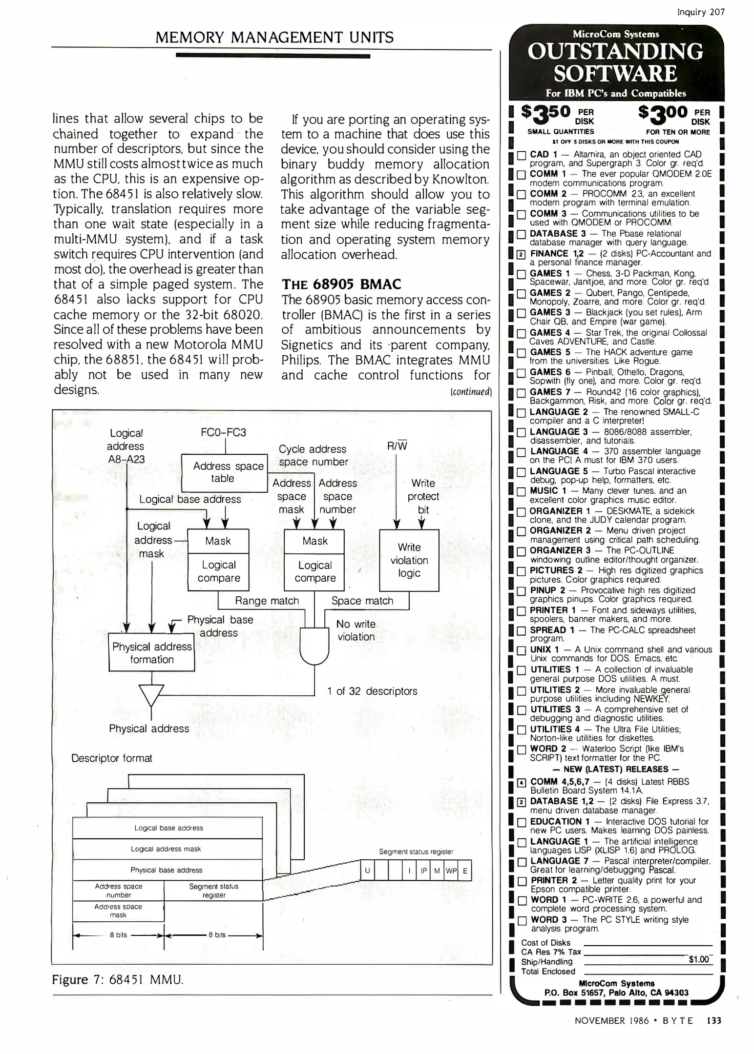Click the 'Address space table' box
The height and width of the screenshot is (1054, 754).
pyautogui.click(x=223, y=472)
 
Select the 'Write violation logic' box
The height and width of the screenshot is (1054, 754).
pyautogui.click(x=409, y=560)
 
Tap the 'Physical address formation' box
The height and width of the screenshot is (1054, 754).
pyautogui.click(x=151, y=653)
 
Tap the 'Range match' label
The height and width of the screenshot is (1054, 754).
pyautogui.click(x=267, y=601)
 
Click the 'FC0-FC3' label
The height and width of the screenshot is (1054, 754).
pyautogui.click(x=223, y=432)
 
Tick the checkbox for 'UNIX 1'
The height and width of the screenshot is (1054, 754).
pyautogui.click(x=521, y=650)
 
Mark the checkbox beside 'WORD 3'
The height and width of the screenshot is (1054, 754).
pyautogui.click(x=521, y=921)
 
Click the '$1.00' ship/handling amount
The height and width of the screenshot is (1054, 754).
pyautogui.click(x=698, y=959)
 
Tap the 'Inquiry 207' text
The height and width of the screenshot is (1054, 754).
pyautogui.click(x=701, y=12)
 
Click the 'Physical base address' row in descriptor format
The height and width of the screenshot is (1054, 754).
pyautogui.click(x=167, y=870)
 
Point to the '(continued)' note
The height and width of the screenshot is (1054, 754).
pyautogui.click(x=471, y=391)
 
